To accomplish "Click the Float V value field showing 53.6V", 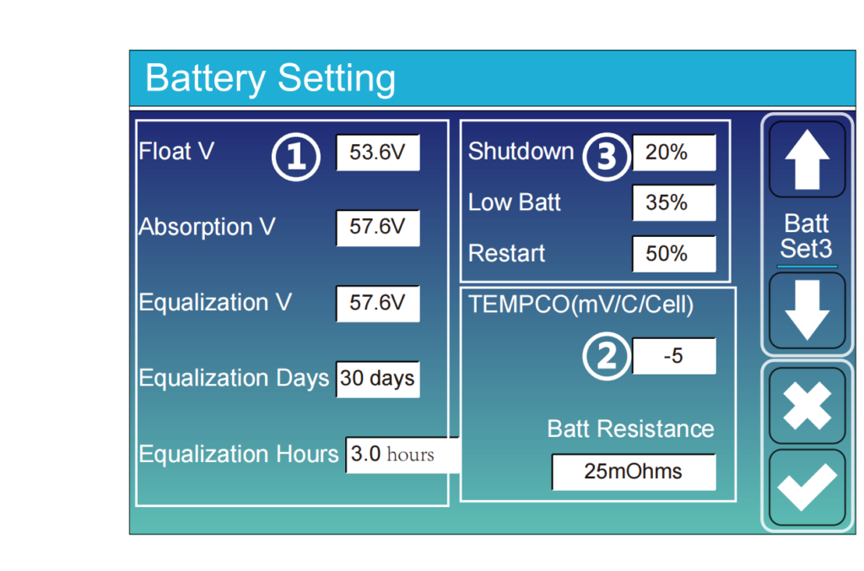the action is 378,153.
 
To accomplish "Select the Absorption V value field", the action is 378,228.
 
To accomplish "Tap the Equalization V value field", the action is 378,304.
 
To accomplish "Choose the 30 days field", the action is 378,379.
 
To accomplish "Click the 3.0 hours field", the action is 402,455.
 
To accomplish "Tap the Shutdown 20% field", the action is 674,153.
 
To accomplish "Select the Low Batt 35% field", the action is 674,203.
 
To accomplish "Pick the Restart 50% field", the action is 674,254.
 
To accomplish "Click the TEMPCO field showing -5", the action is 674,356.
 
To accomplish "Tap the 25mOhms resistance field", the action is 634,471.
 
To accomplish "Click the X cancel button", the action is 807,407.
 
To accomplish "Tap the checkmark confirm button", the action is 807,487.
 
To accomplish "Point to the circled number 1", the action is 296,157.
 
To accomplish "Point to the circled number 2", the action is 606,356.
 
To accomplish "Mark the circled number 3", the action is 606,157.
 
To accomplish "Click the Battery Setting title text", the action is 271,78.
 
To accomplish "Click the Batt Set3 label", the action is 807,236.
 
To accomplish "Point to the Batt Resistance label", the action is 630,429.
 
